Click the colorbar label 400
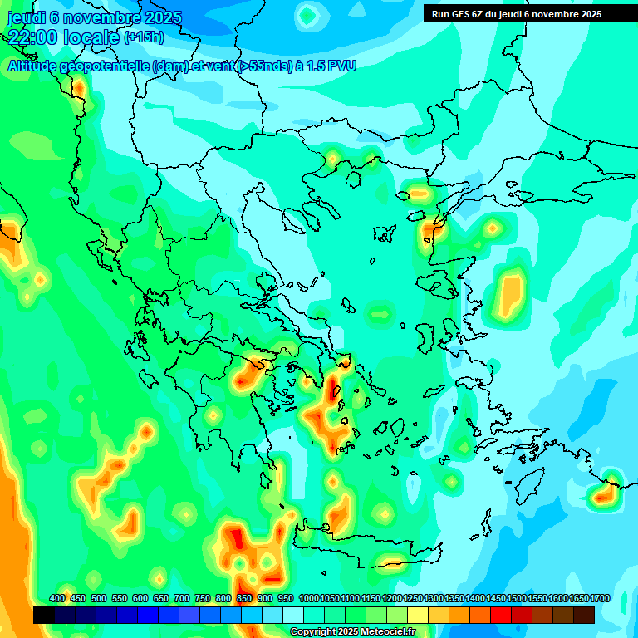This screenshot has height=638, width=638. [57, 598]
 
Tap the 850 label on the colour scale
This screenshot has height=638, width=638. [244, 598]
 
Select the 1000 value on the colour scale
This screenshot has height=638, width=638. [309, 598]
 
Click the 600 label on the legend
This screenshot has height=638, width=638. [140, 598]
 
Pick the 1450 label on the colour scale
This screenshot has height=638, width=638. [495, 598]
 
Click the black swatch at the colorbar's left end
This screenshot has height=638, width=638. [44, 616]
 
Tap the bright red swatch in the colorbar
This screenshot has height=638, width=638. [501, 616]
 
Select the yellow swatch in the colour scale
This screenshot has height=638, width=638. [418, 616]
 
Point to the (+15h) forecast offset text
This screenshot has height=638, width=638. [144, 37]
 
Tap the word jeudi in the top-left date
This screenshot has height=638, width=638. [27, 17]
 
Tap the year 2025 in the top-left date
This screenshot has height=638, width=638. [160, 17]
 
